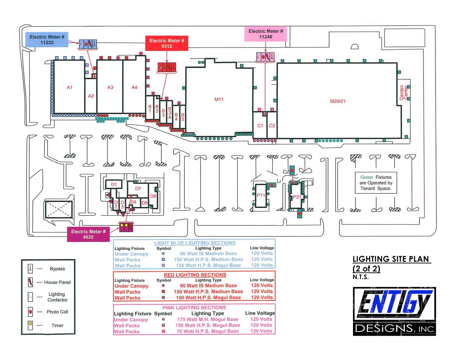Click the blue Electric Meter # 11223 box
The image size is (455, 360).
coord(47,39)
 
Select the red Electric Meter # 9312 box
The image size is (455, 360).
coord(167,43)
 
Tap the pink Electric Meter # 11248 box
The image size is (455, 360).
coord(265,34)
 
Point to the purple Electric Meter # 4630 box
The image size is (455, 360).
coord(88,234)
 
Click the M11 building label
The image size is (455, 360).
coord(219,99)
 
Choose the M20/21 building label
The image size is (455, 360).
coord(337,101)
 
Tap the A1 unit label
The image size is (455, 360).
coord(69,87)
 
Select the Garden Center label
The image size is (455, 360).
coord(403,92)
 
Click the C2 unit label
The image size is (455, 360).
coord(272,126)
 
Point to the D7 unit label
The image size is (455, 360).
coord(138,188)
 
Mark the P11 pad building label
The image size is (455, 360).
coord(261,195)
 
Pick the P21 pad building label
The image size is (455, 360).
coord(297,197)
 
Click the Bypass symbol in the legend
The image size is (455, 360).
coord(30,269)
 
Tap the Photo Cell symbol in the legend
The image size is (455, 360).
coord(30,312)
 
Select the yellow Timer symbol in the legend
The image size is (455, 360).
coord(30,325)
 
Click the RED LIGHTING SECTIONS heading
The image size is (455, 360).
coord(195,275)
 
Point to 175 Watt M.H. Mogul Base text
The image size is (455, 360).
coord(207,319)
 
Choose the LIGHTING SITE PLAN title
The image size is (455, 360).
coord(391,259)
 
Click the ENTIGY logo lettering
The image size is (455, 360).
coord(395,302)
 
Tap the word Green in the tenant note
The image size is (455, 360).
coord(367,177)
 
